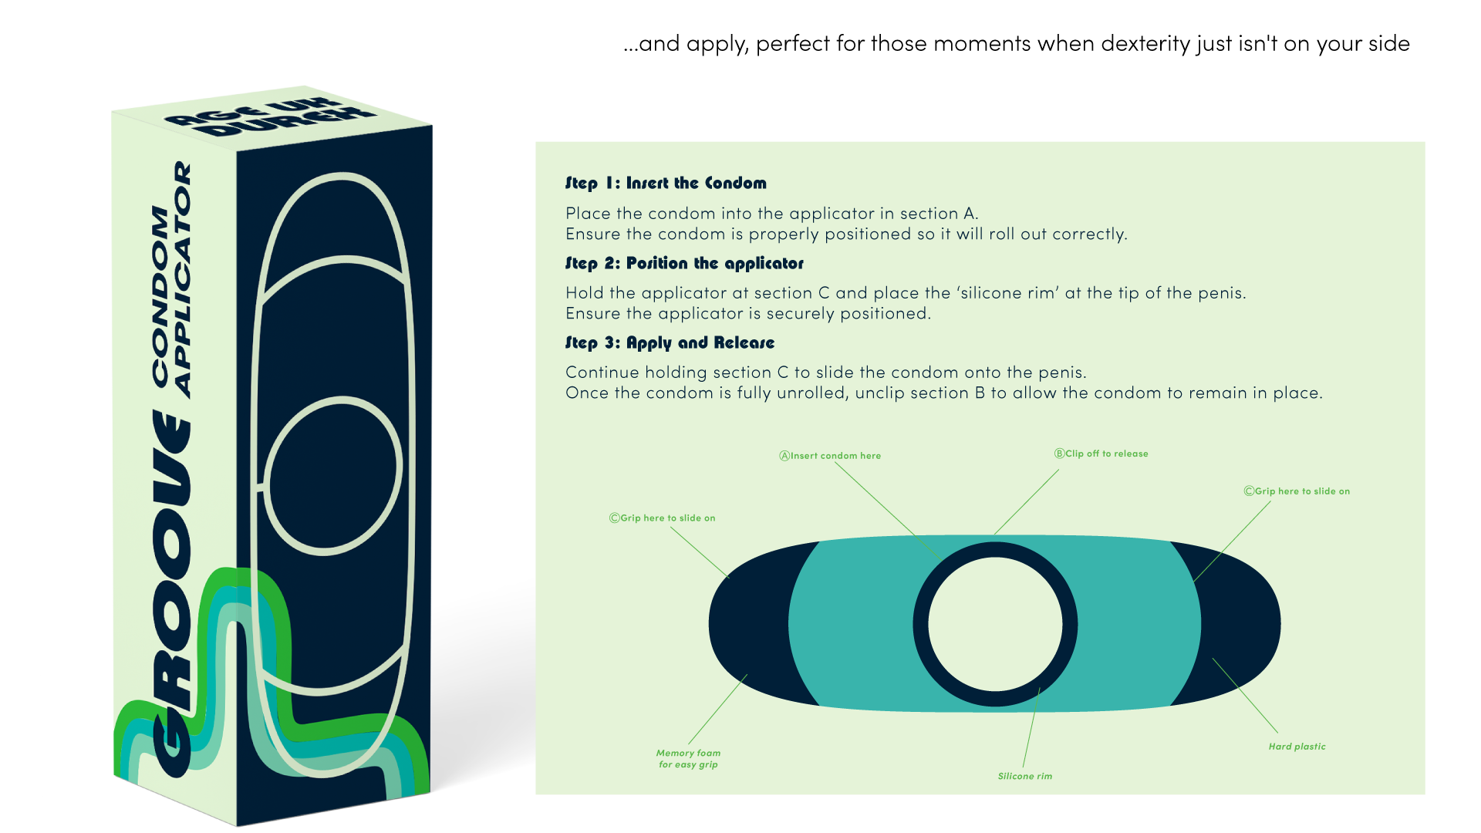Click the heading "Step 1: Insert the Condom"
[x=666, y=184]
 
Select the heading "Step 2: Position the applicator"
[x=684, y=264]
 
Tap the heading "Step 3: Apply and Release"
[x=670, y=343]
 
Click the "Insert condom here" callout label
[x=830, y=456]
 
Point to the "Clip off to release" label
[x=1101, y=454]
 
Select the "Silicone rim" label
[x=1024, y=776]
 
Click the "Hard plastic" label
[x=1297, y=747]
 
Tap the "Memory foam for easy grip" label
[x=688, y=759]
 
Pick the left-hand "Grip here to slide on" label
[x=663, y=518]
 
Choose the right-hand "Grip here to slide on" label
[x=1297, y=491]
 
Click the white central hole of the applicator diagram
[x=995, y=624]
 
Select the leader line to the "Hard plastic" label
[x=1245, y=695]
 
